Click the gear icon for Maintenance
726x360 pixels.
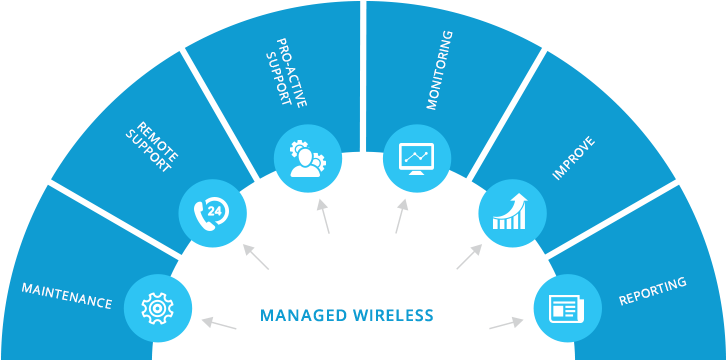(x=157, y=308)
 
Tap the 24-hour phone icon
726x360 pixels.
(x=212, y=212)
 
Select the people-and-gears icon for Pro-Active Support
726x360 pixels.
(x=308, y=158)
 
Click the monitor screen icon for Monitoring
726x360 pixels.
(x=417, y=158)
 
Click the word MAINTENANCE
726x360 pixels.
(x=67, y=295)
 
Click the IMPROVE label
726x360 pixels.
(x=574, y=158)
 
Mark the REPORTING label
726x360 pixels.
(x=653, y=292)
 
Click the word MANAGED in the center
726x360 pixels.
(x=303, y=316)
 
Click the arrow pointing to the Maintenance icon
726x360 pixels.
(x=219, y=324)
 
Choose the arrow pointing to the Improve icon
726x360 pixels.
(x=468, y=257)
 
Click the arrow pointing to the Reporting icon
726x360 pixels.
(x=506, y=324)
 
